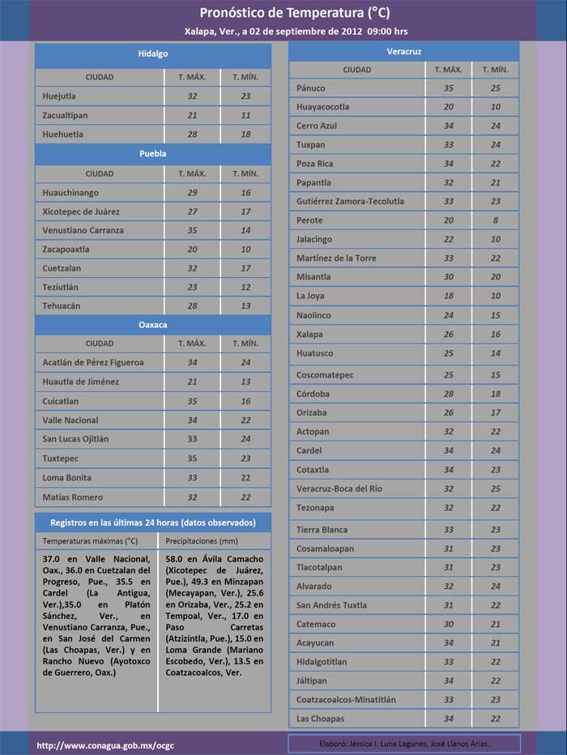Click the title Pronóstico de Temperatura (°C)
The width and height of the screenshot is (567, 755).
(x=283, y=14)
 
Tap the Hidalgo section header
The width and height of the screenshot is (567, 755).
(x=152, y=53)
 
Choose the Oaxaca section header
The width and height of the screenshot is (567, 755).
(x=152, y=324)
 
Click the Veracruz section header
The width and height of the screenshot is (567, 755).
(x=404, y=51)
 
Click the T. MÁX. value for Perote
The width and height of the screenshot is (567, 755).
(x=449, y=220)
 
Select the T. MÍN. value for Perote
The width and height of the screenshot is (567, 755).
(x=495, y=220)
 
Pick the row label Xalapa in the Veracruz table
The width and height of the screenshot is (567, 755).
(x=309, y=334)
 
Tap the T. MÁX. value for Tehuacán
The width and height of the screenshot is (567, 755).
(x=192, y=305)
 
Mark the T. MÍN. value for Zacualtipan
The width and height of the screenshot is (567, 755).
(x=245, y=115)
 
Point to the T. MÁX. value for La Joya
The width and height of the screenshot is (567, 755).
(x=449, y=296)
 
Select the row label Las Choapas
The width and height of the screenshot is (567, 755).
(x=320, y=719)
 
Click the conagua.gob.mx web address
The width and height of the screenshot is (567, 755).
(x=94, y=744)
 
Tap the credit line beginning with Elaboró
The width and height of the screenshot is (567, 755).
(x=404, y=743)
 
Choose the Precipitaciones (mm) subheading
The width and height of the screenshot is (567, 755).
(x=201, y=540)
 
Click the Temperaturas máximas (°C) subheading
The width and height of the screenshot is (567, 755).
(x=90, y=540)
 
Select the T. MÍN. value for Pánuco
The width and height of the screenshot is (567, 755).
(x=495, y=87)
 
